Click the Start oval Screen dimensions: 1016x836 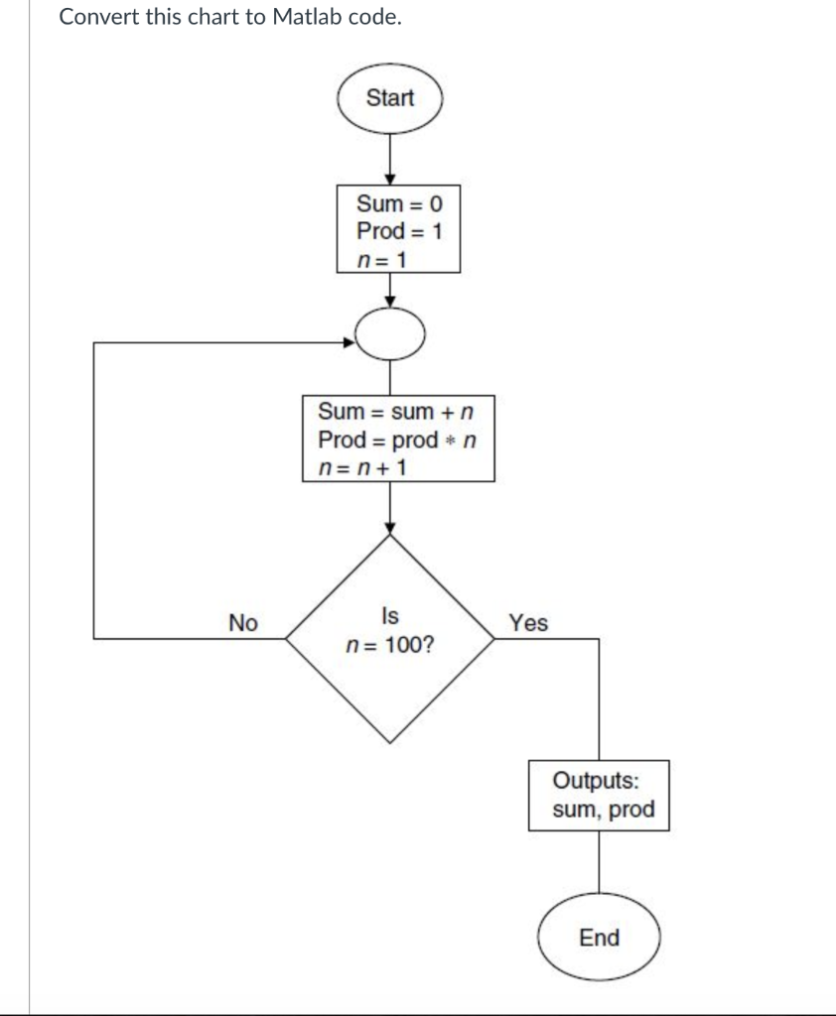pos(390,98)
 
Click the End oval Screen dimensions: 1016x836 pos(599,938)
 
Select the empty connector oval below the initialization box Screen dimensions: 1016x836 pos(390,340)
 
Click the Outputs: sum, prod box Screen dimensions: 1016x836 pos(599,795)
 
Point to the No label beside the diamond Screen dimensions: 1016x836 pos(242,623)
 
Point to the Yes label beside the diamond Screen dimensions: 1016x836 pos(527,623)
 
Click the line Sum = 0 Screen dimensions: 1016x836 pos(398,205)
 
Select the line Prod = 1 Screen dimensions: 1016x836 pos(398,231)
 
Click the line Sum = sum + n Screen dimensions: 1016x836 pos(394,411)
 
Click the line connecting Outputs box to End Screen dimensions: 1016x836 pos(599,865)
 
